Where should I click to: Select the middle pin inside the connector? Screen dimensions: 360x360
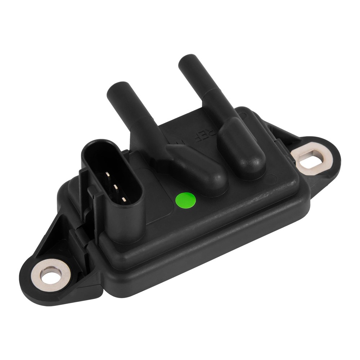click(x=116, y=187)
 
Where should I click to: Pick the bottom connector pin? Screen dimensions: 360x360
click(x=123, y=199)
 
